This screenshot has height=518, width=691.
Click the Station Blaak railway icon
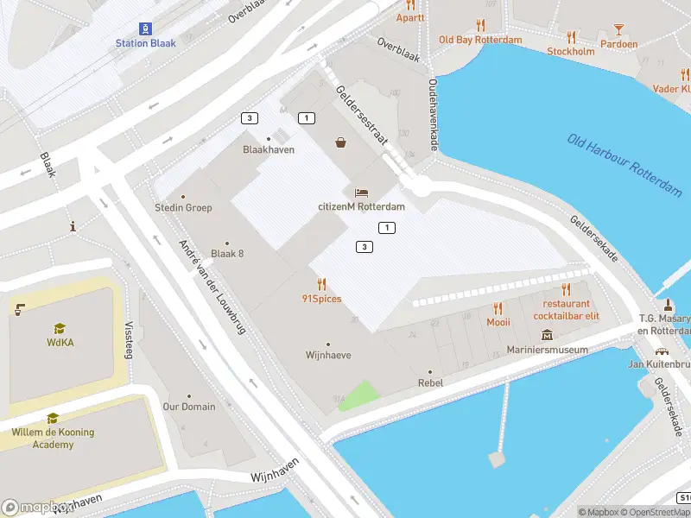coord(145,27)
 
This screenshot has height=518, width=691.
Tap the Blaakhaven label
coord(269,149)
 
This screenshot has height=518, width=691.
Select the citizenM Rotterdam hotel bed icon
coord(361,192)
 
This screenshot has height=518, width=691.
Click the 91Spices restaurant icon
coord(321,284)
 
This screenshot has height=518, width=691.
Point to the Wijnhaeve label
coord(328,355)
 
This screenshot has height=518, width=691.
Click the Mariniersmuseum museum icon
coord(547,335)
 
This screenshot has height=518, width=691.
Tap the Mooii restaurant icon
coord(498,308)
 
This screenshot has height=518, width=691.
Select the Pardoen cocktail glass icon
coord(618,29)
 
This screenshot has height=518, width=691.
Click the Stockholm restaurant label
coord(570,51)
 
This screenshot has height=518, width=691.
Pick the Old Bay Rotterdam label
coord(480,40)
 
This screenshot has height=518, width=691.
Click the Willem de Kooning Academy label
coord(53,438)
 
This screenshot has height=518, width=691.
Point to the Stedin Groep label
coord(182,208)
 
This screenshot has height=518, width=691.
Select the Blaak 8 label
coord(227,253)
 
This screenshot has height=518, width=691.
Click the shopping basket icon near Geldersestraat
coord(341,142)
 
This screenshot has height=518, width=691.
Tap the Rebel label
coord(430,382)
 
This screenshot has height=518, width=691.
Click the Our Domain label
coord(189,407)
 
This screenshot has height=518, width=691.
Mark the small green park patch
coord(359,396)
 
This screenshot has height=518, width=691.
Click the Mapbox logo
coord(35,507)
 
